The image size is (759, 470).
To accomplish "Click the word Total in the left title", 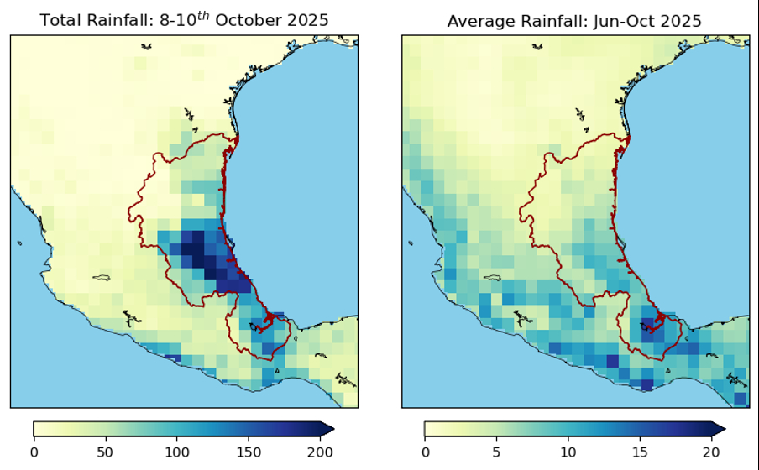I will click(59, 20).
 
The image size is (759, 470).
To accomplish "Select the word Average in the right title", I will click(477, 20).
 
